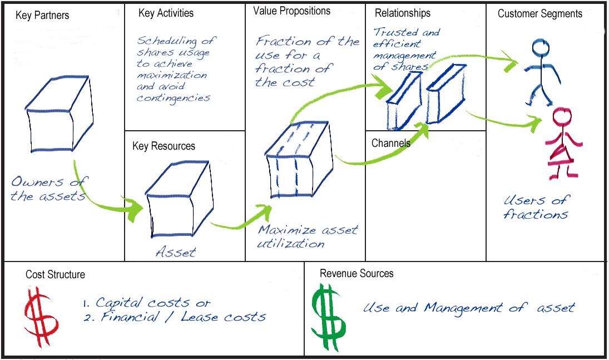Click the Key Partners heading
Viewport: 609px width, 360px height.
tap(42, 16)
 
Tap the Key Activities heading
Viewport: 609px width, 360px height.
tap(166, 13)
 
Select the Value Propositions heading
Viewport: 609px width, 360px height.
tap(291, 11)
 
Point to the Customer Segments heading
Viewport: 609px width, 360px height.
tap(540, 13)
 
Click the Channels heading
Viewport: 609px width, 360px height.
tap(391, 143)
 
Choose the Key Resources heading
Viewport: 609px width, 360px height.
tap(164, 146)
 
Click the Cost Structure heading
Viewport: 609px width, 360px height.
tap(55, 274)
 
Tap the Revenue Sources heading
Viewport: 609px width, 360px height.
tap(357, 273)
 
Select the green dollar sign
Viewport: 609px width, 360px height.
tap(329, 317)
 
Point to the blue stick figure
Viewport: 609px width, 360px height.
tap(541, 72)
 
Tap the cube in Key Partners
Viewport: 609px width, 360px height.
tap(59, 114)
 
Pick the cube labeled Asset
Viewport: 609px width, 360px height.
tap(179, 199)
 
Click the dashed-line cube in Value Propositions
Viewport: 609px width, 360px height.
tap(299, 160)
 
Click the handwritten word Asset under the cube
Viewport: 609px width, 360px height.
tap(176, 252)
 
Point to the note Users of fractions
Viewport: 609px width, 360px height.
tap(536, 207)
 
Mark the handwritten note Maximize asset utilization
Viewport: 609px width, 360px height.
tap(307, 236)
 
